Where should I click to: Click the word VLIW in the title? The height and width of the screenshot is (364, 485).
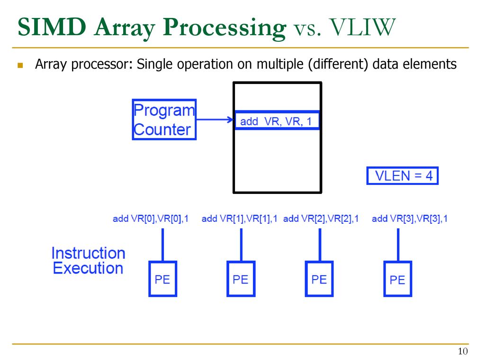coord(362,27)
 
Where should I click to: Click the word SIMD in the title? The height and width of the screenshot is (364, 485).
coord(52,27)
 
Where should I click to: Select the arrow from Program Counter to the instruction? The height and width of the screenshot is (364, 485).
coord(215,119)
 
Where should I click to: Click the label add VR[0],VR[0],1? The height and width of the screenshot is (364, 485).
coord(151,219)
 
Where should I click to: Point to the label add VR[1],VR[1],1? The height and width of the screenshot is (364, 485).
coord(239,219)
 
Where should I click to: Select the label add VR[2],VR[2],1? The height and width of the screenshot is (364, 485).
coord(321,219)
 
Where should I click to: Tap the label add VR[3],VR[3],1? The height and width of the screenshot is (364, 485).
coord(410,219)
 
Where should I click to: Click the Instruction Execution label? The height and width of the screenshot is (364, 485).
coord(89,261)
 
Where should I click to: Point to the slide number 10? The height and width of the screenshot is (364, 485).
coord(463,351)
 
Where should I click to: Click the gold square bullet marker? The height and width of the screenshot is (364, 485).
coord(20,65)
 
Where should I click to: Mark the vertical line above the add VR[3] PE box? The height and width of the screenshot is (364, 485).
coord(398,245)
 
